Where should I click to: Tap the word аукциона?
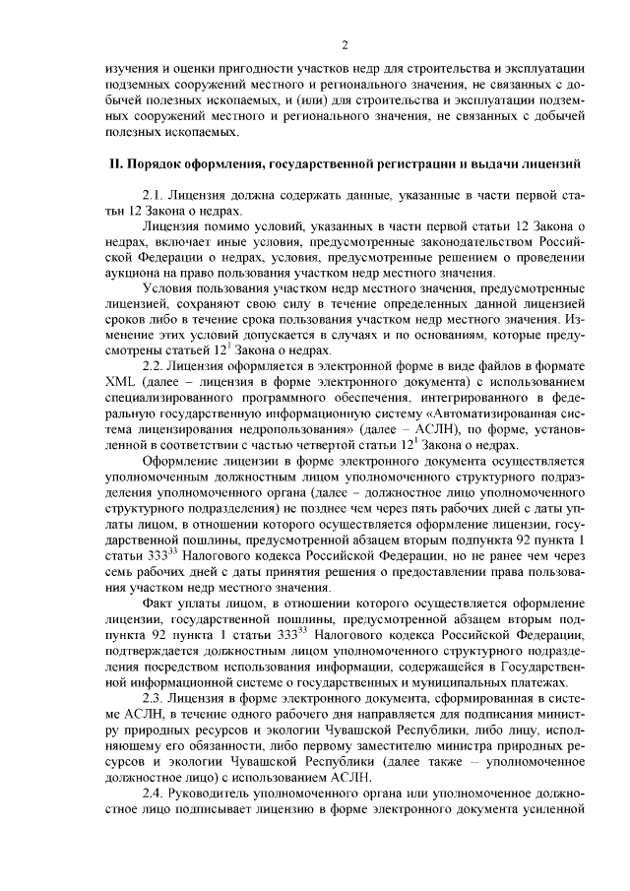coord(136,273)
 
